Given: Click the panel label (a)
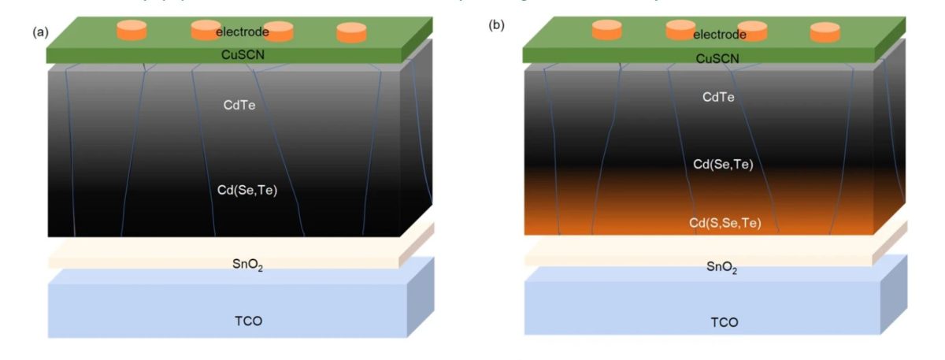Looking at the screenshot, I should (39, 32).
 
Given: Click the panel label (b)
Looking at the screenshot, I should (496, 24).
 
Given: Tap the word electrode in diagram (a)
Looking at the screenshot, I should (243, 32).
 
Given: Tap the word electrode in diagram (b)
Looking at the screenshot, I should (719, 34).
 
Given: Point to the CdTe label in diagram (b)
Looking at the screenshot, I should (718, 98).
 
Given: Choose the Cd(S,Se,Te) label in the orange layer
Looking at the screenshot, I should (724, 223).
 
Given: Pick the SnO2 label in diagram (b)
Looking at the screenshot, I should (721, 267).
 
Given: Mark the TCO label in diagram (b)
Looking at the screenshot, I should (724, 323).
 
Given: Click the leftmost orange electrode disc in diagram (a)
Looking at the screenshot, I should (132, 30).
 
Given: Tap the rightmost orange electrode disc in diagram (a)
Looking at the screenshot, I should (352, 32).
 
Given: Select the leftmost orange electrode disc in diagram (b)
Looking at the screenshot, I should (607, 30).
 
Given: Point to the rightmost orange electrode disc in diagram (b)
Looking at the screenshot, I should (825, 32).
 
